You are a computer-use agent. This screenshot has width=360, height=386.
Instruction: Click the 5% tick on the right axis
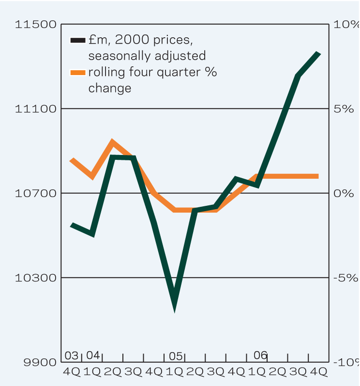pos(344,109)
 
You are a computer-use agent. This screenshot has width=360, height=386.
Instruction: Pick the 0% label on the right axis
pos(344,193)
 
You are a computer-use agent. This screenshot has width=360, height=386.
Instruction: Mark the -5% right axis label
pos(345,278)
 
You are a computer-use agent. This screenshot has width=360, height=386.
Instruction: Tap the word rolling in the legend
pos(106,73)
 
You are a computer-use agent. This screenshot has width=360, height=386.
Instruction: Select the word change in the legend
pos(109,89)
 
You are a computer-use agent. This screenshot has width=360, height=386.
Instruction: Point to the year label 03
pos(72,355)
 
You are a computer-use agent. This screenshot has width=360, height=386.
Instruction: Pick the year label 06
pos(260,355)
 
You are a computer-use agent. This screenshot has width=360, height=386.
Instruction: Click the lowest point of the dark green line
pos(175,304)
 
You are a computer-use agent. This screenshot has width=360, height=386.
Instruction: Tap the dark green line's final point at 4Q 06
pos(319,53)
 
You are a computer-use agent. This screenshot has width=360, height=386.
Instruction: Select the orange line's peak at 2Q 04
pos(113,142)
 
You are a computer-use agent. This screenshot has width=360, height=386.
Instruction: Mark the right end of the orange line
pos(318,176)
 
